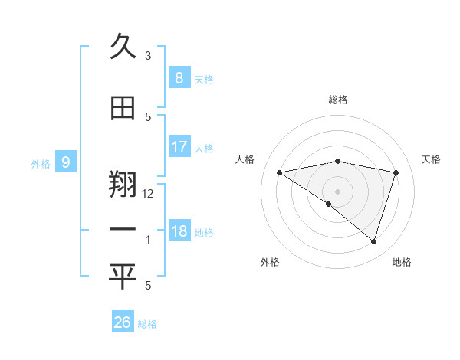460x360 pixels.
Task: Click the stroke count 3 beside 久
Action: (148, 56)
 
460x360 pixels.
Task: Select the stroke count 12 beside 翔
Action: (149, 194)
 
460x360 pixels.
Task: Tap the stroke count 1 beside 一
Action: (148, 240)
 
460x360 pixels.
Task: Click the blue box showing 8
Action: (179, 77)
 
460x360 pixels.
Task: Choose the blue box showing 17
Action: (179, 147)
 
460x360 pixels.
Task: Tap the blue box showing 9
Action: (66, 162)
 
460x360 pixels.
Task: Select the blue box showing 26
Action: (123, 322)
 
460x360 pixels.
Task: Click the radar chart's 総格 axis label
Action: (337, 100)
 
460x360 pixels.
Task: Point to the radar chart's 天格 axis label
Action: (431, 159)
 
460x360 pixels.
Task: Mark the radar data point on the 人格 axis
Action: (279, 172)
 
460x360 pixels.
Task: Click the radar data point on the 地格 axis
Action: (373, 241)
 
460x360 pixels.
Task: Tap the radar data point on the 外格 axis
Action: (329, 204)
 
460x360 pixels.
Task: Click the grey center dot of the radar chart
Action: (337, 191)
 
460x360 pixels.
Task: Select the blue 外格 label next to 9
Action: (40, 163)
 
